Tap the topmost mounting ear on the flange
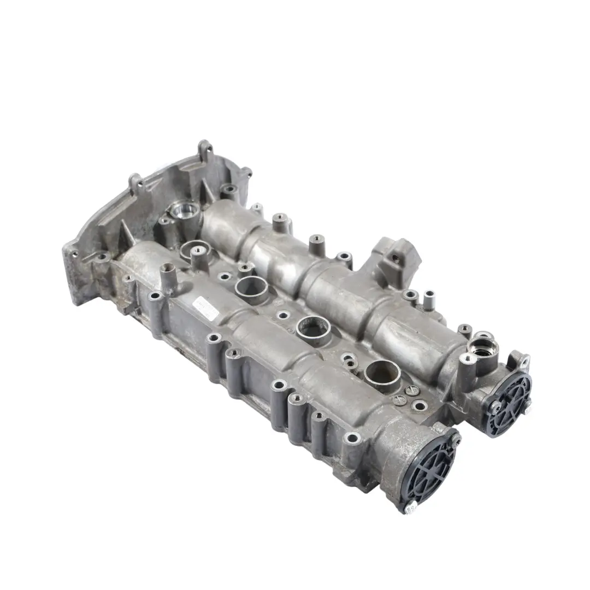pos(205,148)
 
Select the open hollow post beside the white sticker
pos(167,270)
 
